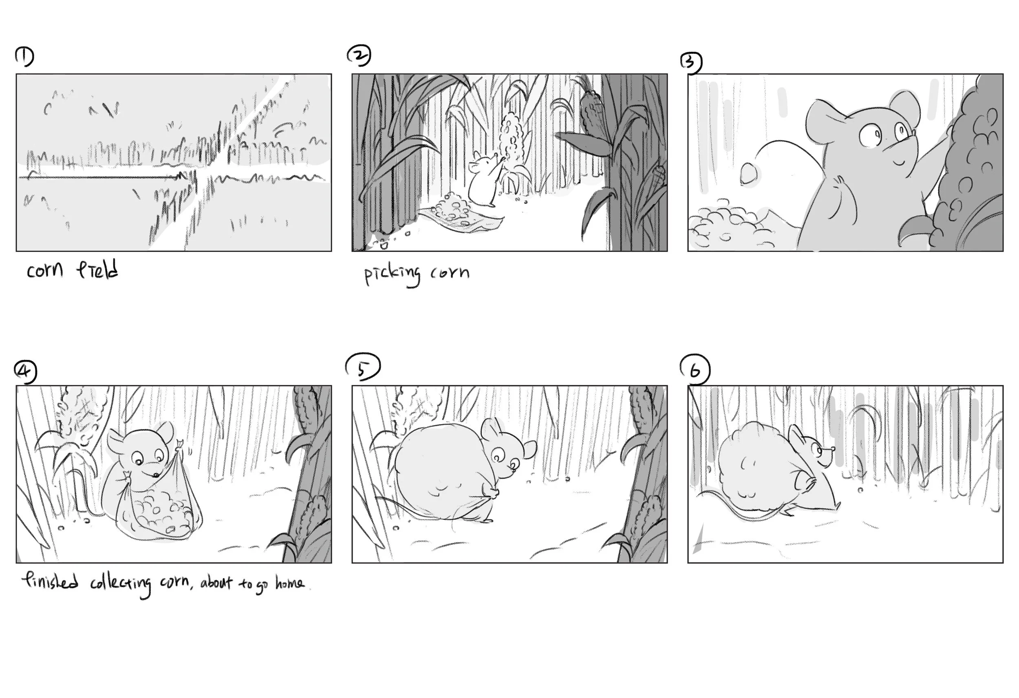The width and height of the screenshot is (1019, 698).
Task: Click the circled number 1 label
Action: tap(24, 57)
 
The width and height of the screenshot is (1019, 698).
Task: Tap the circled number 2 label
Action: tap(359, 56)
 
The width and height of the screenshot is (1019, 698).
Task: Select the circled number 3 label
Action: tap(691, 62)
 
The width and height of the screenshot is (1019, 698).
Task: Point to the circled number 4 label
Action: tap(25, 372)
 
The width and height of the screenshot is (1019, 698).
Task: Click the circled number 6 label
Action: tap(695, 370)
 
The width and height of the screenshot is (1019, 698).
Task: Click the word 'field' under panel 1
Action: tap(97, 269)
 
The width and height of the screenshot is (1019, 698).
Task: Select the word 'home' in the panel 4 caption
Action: tap(289, 583)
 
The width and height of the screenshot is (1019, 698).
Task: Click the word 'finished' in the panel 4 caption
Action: tap(50, 582)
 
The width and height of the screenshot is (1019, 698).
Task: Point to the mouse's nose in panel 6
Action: tap(832, 449)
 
